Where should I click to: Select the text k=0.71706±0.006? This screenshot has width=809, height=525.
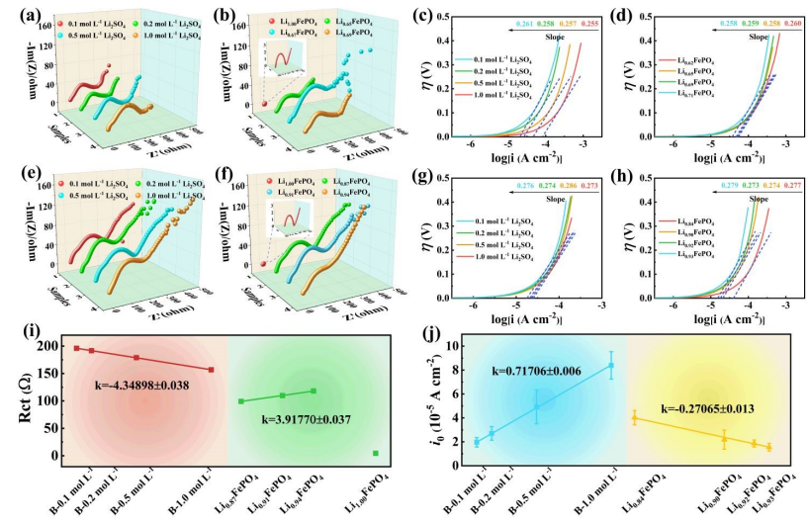pyautogui.click(x=540, y=371)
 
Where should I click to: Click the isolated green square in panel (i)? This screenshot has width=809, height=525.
pyautogui.click(x=376, y=454)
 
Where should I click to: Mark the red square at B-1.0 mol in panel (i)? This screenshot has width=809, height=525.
pyautogui.click(x=211, y=370)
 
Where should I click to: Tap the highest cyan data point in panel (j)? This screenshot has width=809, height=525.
pyautogui.click(x=611, y=365)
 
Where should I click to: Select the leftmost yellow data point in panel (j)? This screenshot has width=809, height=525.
pyautogui.click(x=634, y=418)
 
